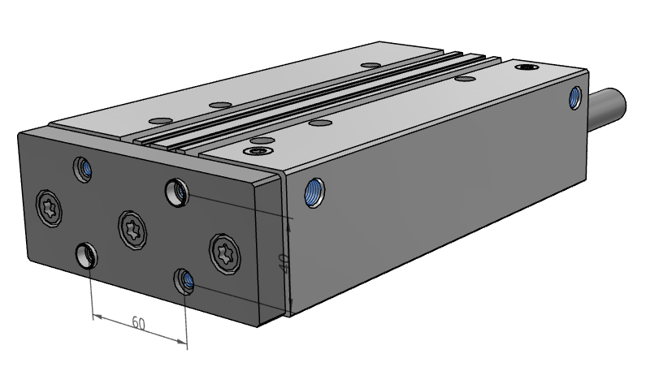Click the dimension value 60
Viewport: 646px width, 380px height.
coord(139,323)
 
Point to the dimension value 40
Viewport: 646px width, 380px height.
coord(284,262)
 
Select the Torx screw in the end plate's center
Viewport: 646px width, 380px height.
coord(132,230)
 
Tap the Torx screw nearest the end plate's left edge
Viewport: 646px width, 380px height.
coord(49,208)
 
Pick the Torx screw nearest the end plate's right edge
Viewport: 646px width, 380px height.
coord(225,253)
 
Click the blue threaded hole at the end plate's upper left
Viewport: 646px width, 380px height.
coord(82,169)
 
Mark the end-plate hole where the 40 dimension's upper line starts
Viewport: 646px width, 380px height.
coord(177,192)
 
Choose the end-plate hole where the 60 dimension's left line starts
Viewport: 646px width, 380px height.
coord(87,255)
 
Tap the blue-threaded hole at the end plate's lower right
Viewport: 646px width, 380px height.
coord(184,281)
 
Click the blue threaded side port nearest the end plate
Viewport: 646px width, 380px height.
coord(314,192)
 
